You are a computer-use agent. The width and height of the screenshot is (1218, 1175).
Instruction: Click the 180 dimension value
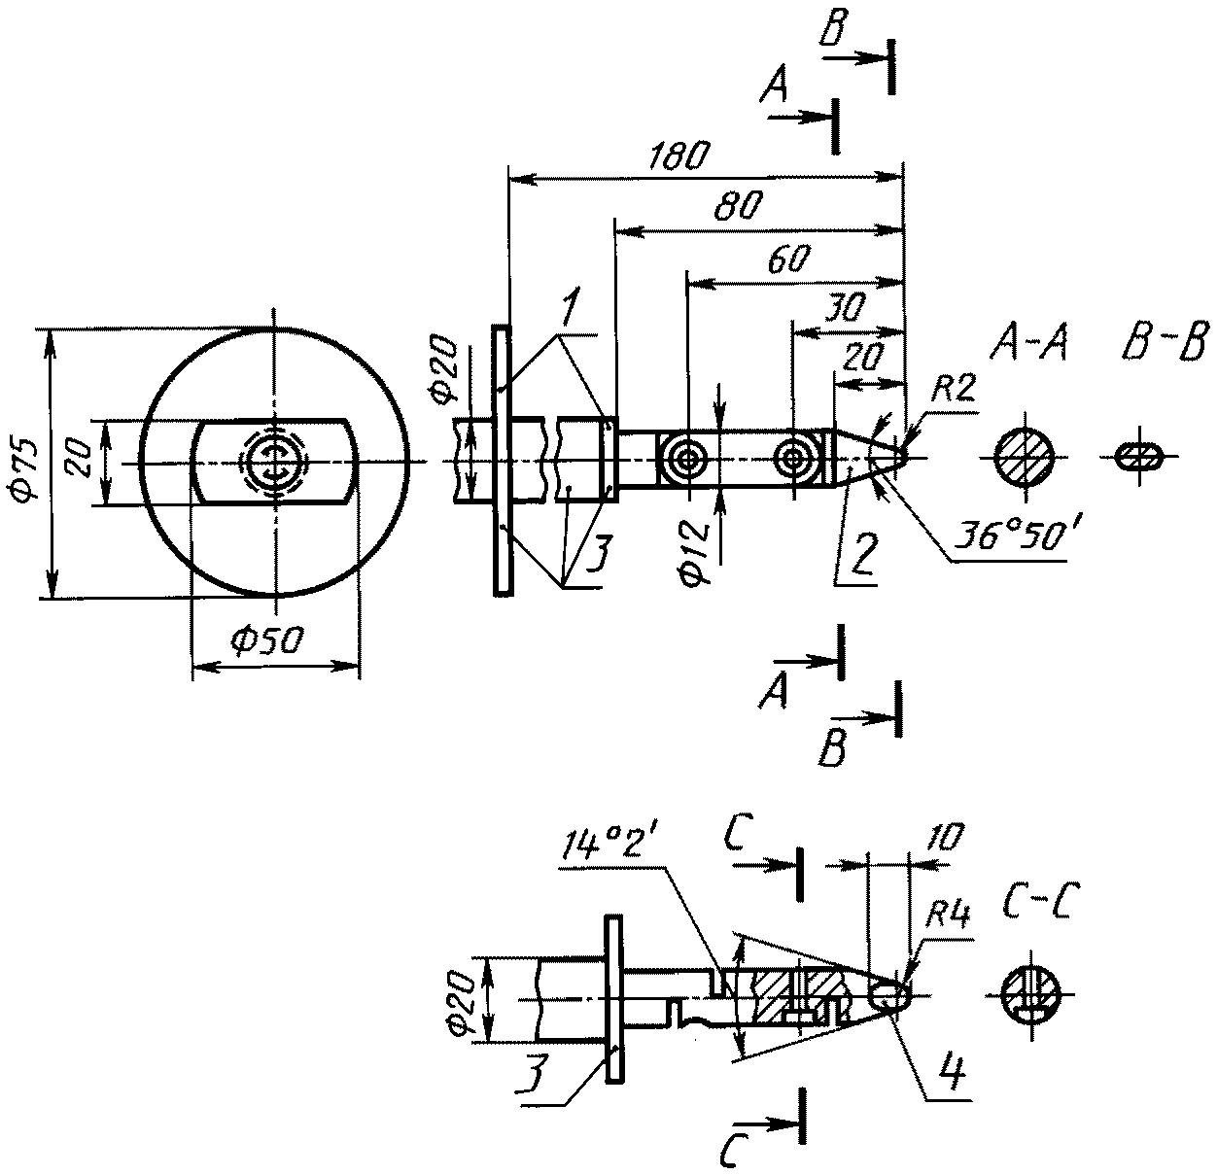click(x=679, y=156)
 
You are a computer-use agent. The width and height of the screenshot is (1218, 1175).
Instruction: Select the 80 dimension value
click(x=739, y=206)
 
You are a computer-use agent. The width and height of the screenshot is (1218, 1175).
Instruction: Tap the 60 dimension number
click(x=789, y=259)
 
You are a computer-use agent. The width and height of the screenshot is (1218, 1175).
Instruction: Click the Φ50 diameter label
click(x=268, y=640)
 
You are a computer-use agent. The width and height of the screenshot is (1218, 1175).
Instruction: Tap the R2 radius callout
click(x=954, y=389)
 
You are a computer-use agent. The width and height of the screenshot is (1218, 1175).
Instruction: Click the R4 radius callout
click(x=948, y=916)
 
